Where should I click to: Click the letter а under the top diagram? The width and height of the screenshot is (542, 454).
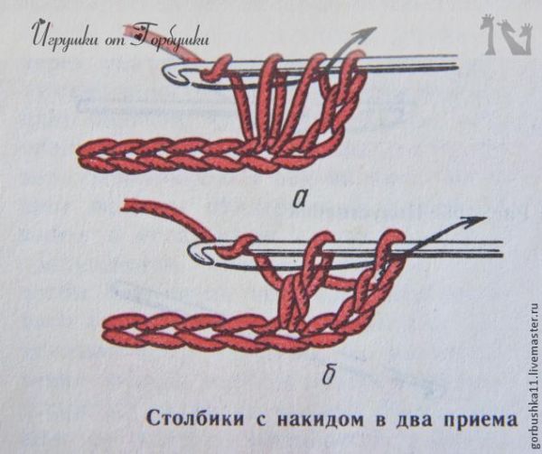point(300,199)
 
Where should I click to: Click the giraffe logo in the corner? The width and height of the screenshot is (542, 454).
point(505,34)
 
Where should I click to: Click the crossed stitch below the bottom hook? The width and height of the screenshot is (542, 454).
point(294,297)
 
